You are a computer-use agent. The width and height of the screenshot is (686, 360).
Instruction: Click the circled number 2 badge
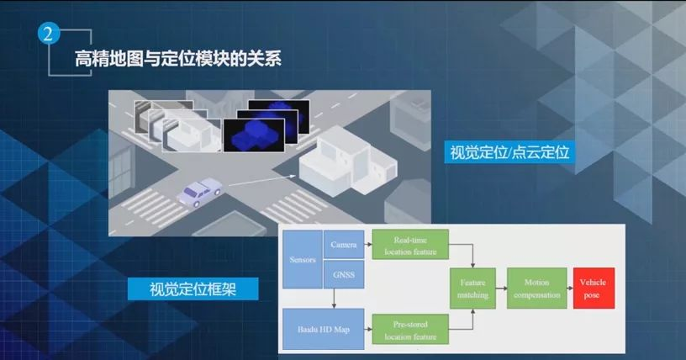pos(49,35)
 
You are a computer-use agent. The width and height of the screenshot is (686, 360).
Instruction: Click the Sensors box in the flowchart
pos(302,259)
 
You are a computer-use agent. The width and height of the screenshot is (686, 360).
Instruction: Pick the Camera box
pos(344,245)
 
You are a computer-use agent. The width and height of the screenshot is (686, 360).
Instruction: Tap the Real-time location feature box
pos(410,245)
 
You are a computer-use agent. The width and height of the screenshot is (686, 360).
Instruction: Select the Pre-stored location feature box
pos(410,328)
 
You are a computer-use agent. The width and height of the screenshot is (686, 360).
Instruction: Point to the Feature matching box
pos(473,287)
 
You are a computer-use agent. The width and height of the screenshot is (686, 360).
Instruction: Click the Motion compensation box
pos(536,288)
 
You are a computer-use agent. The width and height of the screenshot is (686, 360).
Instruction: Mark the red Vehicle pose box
pos(593,288)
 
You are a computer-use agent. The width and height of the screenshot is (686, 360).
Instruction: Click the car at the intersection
pos(199,193)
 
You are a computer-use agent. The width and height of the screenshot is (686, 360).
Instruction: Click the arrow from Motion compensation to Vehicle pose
pos(569,288)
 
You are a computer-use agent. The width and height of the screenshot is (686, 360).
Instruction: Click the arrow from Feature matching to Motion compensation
pos(502,288)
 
